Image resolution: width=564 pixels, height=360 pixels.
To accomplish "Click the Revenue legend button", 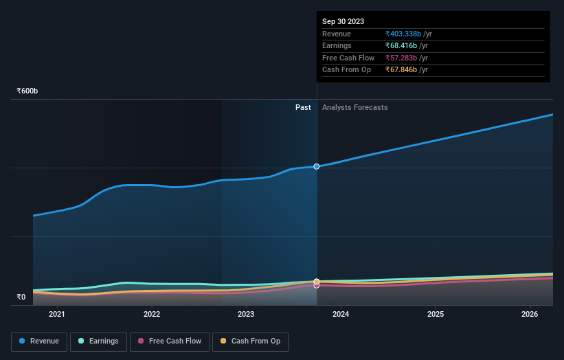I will point(39,341).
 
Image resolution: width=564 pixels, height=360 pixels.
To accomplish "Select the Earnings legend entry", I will point(98,341).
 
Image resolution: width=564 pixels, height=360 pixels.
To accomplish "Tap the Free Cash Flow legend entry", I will point(169,341).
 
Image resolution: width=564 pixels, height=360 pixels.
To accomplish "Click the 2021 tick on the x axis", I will point(57,315).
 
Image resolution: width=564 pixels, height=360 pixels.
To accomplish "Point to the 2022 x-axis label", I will point(152,315).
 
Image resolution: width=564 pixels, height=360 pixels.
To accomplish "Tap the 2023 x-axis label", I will point(246,315).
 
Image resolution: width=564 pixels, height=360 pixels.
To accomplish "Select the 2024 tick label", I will point(341,315).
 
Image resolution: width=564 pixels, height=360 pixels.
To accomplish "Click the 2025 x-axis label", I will point(435,315).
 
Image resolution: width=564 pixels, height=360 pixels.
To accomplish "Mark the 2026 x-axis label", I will point(530,315).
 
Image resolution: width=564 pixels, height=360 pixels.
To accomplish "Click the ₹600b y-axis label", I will point(27,91).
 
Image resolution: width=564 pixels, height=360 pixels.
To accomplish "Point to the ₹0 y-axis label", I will point(21,297).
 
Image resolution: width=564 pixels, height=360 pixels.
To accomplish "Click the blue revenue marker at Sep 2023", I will point(317,166).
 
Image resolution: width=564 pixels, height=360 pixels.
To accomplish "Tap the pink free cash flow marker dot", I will point(317,285).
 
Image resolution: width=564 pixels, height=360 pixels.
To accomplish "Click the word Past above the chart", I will point(303,108).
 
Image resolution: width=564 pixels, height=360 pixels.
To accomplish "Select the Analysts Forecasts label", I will point(354,108).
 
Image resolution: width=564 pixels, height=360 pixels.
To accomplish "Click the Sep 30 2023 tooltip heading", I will point(343,21).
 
